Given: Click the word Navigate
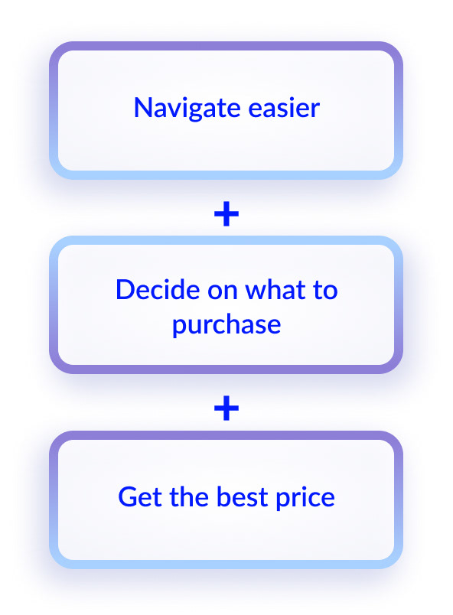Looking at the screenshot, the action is point(187,109).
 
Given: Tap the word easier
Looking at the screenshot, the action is point(284,108).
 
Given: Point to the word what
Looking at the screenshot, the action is point(275,290).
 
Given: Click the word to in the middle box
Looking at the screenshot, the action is point(325,291).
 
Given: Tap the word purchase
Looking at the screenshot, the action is point(226,327).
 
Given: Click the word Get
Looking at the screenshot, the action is point(140,497).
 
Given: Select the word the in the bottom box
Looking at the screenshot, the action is point(189,496).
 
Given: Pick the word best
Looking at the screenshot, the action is point(242,496).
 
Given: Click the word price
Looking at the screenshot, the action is point(305,499).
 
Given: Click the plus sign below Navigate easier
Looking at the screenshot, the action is point(226,214).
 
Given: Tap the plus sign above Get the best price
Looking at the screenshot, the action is point(226,408).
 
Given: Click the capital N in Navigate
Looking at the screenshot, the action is point(143,107).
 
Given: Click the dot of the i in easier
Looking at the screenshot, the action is point(298,99).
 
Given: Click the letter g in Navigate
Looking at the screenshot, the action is point(197,112).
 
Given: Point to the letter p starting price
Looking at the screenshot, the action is point(283,502).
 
